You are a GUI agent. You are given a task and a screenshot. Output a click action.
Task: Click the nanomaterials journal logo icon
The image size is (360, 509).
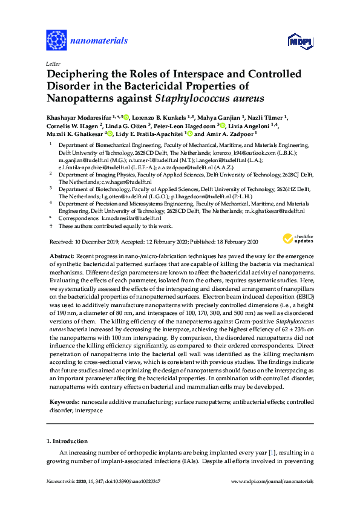tap(56, 40)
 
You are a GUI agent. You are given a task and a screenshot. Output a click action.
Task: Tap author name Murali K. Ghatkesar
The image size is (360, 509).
tap(75, 134)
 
